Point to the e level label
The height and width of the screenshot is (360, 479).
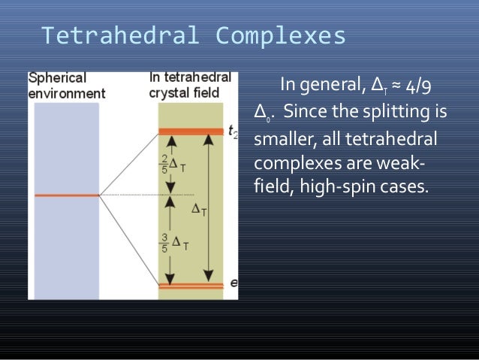tap(233, 283)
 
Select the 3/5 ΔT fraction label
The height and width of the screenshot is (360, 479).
tap(173, 242)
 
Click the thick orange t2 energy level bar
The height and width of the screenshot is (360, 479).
tap(191, 132)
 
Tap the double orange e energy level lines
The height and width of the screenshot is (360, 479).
tap(191, 286)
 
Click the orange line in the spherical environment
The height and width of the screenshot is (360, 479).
tap(66, 195)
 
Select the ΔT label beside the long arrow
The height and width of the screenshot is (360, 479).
tap(199, 211)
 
